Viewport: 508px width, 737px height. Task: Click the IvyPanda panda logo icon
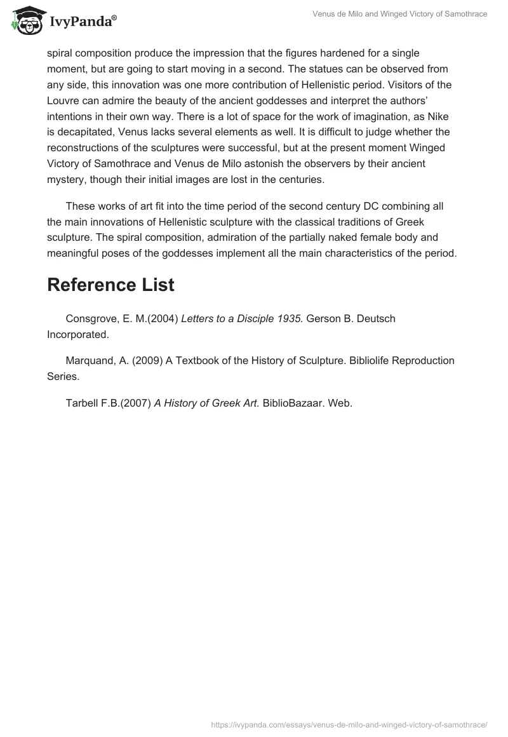pos(26,21)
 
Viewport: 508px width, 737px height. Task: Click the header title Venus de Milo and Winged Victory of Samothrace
pos(400,14)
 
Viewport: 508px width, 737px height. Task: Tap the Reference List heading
pos(110,285)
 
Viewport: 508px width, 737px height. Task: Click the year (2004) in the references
pos(163,318)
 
